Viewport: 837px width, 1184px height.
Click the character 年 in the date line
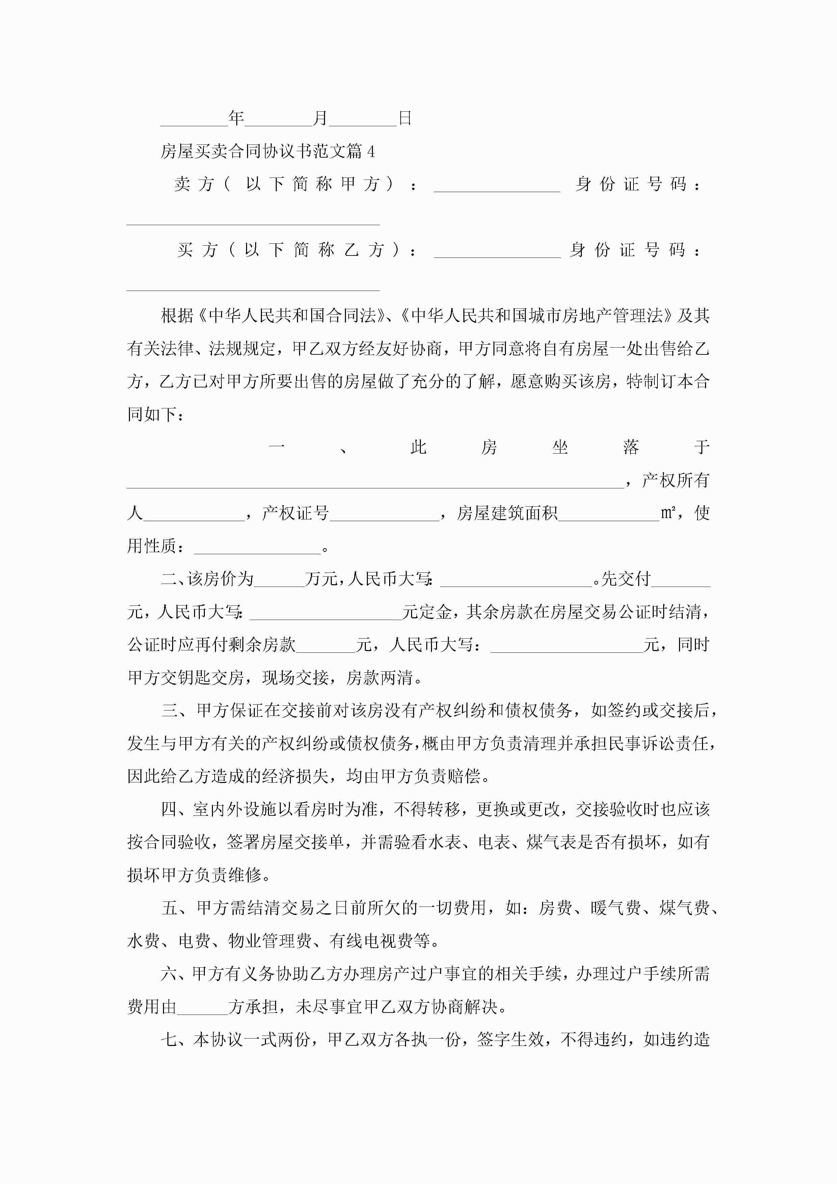click(236, 118)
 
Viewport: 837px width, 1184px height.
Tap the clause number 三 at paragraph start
click(170, 710)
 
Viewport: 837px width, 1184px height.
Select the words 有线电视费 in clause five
click(371, 941)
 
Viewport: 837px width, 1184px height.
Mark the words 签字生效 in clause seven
click(510, 1039)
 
